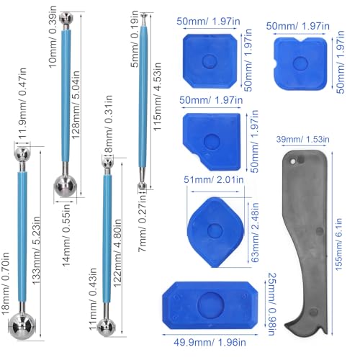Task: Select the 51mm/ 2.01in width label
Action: tap(209, 180)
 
